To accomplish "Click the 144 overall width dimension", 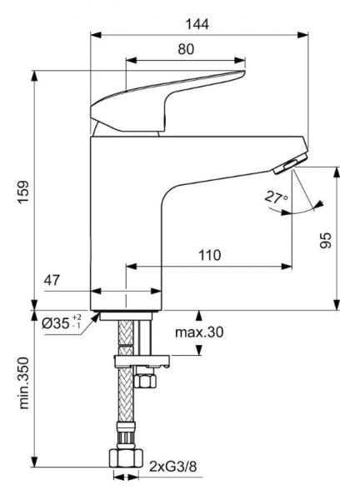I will pos(198,23).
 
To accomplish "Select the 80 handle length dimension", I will pos(185,49).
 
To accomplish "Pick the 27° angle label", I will pos(274,197).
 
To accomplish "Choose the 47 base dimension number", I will pos(52,282).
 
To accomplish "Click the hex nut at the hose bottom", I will pos(124,458).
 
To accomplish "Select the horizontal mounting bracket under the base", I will pos(142,361).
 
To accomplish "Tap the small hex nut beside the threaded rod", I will pos(147,382).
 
